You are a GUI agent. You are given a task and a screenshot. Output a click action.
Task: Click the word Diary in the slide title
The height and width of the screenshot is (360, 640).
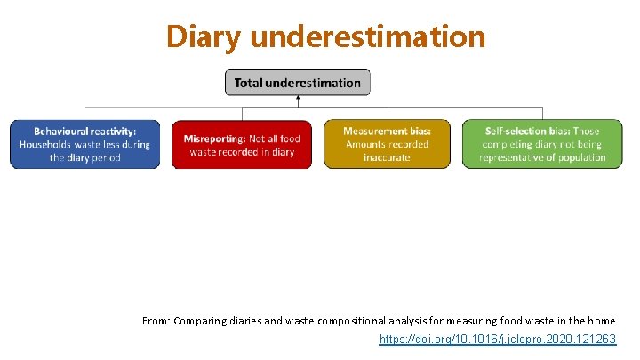(x=204, y=36)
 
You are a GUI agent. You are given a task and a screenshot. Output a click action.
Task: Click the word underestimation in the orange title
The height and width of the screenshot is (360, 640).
(x=368, y=36)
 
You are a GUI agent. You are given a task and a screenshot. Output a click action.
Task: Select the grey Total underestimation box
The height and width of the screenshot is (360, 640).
(x=297, y=83)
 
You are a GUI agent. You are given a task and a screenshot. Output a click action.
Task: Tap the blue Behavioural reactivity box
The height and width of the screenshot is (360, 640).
(x=85, y=144)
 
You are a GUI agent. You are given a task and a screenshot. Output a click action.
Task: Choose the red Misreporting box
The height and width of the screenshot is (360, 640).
(x=242, y=144)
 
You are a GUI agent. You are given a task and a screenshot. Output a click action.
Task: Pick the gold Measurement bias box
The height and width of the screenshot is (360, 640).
(x=387, y=144)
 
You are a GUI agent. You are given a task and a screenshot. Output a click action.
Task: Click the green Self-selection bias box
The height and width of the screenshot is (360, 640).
(x=542, y=144)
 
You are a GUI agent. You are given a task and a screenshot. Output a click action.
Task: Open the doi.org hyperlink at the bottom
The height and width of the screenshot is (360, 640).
(x=497, y=340)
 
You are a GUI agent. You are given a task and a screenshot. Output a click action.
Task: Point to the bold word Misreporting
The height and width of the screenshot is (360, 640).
(x=213, y=139)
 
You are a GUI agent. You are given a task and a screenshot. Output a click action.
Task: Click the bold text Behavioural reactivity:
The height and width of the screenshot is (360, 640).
(x=85, y=132)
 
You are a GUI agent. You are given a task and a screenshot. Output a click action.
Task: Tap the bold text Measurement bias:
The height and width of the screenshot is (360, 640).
(x=387, y=132)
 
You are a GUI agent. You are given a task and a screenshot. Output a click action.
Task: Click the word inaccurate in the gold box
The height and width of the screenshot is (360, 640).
(x=387, y=157)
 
